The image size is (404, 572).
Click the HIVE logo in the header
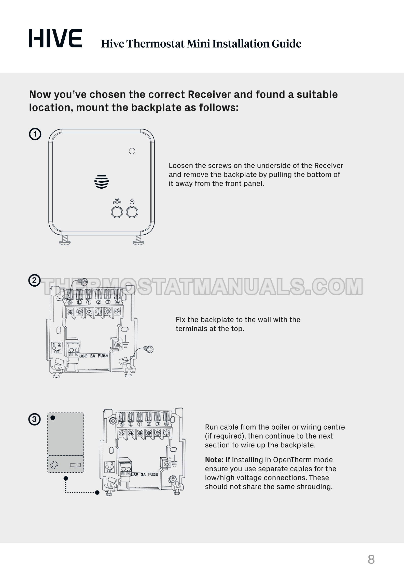point(55,38)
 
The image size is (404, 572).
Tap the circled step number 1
point(35,134)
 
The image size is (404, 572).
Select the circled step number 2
point(34,281)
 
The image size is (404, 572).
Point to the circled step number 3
point(34,419)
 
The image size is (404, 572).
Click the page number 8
point(371,560)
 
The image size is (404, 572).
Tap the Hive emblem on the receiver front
point(102,182)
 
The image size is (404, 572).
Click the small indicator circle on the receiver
point(132,151)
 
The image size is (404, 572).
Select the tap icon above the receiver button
point(117,201)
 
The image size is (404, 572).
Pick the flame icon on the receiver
point(132,201)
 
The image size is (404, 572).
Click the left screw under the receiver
point(65,240)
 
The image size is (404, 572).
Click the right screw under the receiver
point(138,240)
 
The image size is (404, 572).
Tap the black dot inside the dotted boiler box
point(53,418)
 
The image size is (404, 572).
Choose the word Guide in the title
point(286,44)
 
